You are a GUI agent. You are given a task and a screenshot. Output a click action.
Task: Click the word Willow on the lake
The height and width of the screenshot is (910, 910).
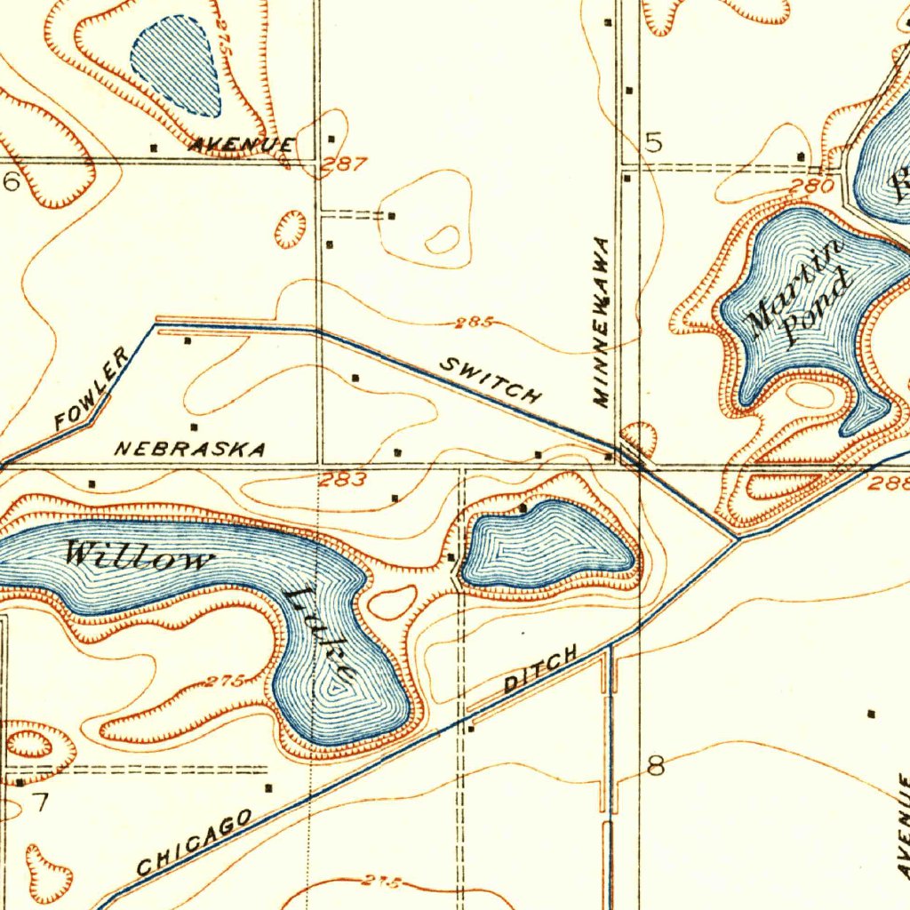(140, 559)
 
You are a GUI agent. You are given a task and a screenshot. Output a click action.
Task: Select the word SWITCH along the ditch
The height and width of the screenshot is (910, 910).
(491, 380)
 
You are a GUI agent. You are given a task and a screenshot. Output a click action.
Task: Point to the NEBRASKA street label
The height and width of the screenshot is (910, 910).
(190, 449)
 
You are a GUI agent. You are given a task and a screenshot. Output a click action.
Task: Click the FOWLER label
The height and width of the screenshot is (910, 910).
(92, 389)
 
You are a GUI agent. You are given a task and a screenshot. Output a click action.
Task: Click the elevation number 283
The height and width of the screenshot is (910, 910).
(343, 481)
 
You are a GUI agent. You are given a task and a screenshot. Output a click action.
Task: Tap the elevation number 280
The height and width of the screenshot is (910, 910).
(812, 187)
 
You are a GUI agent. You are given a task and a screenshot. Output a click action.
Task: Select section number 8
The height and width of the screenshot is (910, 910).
(656, 766)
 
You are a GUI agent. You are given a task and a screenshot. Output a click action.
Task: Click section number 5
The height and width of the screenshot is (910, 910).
(654, 143)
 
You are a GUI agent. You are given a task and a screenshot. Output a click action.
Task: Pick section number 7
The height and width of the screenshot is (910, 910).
(40, 802)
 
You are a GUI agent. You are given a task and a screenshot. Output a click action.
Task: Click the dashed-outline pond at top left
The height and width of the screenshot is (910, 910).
(178, 67)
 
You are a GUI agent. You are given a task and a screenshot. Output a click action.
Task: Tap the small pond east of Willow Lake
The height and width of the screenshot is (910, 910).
(549, 545)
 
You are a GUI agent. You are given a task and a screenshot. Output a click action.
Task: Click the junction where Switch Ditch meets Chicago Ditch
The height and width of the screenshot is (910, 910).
(737, 538)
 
